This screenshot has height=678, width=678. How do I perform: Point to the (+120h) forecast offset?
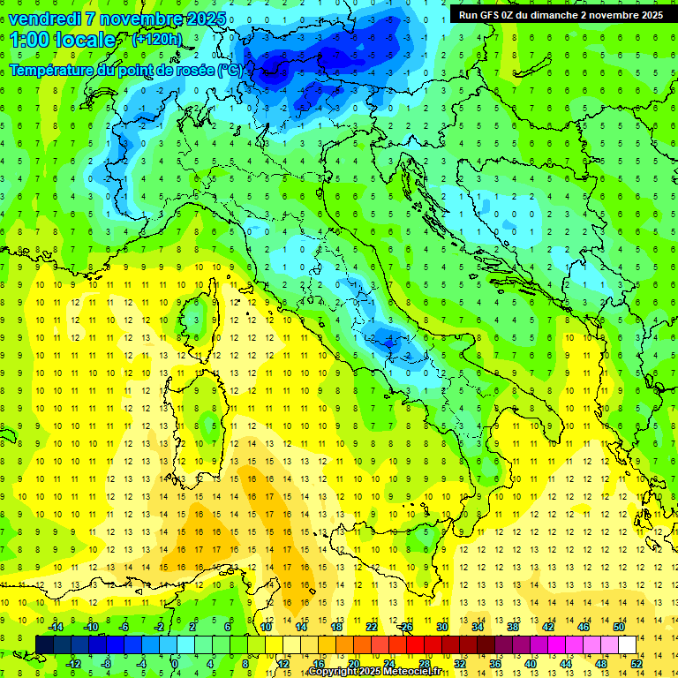coord(156,40)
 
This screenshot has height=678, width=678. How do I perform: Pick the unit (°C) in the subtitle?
coord(230,70)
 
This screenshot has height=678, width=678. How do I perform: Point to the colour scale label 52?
coord(637,663)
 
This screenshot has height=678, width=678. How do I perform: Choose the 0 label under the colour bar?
coord(175,663)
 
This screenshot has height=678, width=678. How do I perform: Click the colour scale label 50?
coord(619,627)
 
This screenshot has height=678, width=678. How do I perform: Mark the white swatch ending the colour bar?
coord(627,644)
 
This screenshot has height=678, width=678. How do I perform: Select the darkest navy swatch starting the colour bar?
coord(44,644)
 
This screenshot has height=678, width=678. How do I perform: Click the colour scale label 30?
coord(441,627)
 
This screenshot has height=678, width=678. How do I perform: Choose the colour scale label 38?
coord(513,627)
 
